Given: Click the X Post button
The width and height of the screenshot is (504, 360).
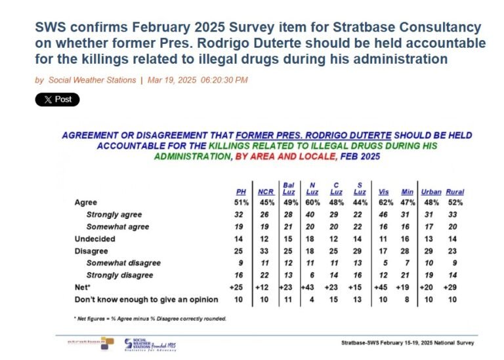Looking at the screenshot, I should (57, 100).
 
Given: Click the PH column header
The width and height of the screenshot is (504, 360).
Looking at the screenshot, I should (241, 191).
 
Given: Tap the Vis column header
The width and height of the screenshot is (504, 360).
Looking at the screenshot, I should (384, 191).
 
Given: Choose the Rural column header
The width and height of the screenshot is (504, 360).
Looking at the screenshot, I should (455, 191).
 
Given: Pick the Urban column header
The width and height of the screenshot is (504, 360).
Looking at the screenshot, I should (431, 191).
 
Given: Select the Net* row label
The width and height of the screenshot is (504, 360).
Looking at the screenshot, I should (83, 287).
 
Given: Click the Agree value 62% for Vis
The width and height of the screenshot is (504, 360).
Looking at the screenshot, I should (384, 203).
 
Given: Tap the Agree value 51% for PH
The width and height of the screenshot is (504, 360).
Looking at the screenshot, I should (241, 203).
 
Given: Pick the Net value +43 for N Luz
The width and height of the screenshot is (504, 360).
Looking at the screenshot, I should (313, 287).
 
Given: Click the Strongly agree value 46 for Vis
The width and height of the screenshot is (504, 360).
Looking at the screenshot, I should (384, 215).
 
